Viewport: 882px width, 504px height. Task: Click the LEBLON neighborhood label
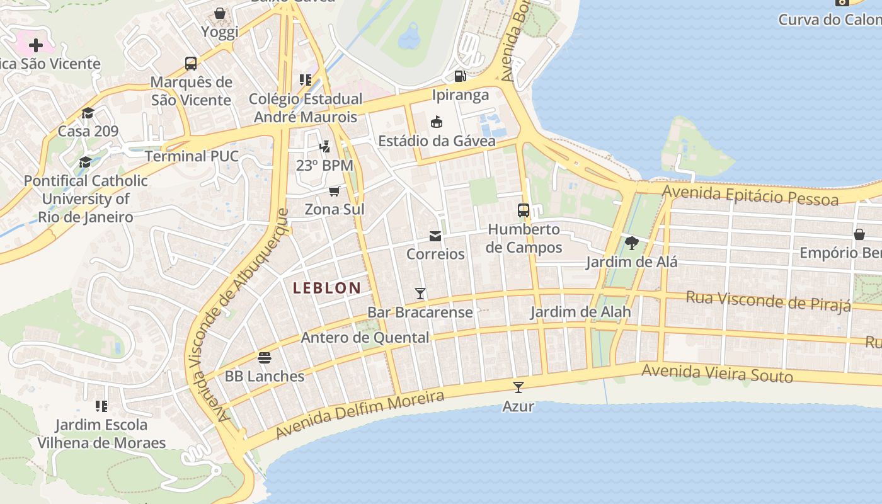pos(327,289)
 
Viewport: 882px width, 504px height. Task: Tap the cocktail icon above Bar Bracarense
pos(420,294)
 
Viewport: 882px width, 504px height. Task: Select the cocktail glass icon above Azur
pos(518,387)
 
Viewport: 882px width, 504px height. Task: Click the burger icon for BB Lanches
pos(265,358)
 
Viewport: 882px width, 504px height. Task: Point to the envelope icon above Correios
pos(435,236)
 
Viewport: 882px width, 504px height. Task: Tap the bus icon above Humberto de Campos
pos(524,210)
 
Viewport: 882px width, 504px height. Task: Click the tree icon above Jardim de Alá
pos(632,243)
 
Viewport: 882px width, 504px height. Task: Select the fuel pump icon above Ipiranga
pos(461,76)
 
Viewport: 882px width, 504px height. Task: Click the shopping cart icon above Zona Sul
pos(335,191)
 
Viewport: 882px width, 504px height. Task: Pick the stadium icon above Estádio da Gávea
pos(437,122)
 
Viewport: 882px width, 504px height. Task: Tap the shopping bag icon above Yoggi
pos(220,13)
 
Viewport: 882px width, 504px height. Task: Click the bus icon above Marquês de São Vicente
pos(191,63)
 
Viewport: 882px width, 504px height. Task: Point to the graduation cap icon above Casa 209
pos(88,113)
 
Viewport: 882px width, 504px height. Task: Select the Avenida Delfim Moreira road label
pos(360,415)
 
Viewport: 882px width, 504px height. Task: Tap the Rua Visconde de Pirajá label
pos(768,301)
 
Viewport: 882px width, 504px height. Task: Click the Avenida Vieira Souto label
pos(717,373)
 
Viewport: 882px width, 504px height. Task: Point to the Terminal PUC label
pos(192,156)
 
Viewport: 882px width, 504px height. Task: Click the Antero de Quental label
pos(365,337)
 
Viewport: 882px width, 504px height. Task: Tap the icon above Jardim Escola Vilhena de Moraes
pos(101,406)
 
